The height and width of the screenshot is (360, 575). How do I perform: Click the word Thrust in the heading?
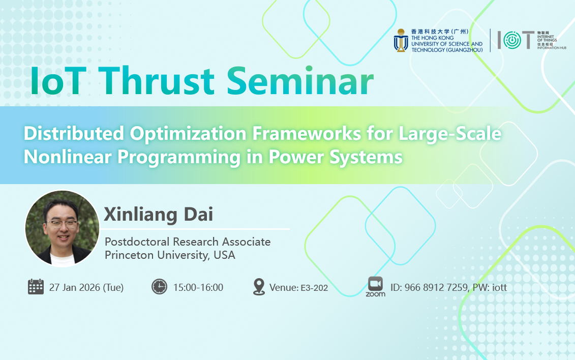pos(157,81)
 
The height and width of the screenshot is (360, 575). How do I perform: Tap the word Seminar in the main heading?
pos(300,81)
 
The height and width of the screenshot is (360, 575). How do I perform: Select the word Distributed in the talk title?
pos(74,133)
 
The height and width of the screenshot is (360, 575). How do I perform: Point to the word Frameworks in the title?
pos(307,133)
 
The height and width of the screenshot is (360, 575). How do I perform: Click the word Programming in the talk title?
pos(179,158)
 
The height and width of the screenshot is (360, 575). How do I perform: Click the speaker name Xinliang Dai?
pos(159,214)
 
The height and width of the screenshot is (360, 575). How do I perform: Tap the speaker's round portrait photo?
pos(62,228)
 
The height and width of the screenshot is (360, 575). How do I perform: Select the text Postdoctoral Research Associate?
pos(188,242)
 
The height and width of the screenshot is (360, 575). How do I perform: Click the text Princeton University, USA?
pos(170,255)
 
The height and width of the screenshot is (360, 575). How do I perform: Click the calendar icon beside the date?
pos(36,287)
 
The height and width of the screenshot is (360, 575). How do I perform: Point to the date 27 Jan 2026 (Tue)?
pos(86,287)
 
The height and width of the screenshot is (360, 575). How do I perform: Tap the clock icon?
pos(159,287)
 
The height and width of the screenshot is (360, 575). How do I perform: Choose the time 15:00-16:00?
pos(198,287)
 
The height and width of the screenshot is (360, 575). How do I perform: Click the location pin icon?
pos(259,287)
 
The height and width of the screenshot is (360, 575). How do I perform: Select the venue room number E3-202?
pos(314,288)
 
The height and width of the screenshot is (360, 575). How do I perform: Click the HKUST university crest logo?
pos(401,40)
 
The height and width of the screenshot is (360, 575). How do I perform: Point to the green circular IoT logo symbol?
pos(512,40)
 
